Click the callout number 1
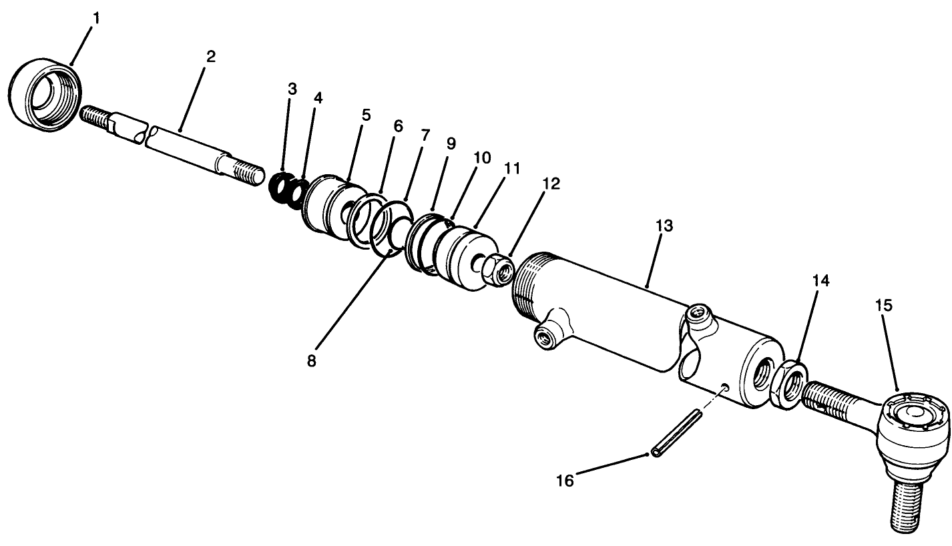[97, 18]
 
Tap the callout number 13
[664, 226]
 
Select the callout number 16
[565, 481]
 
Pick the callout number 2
[211, 57]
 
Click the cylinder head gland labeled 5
[327, 208]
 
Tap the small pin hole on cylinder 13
[726, 387]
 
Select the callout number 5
[365, 115]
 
